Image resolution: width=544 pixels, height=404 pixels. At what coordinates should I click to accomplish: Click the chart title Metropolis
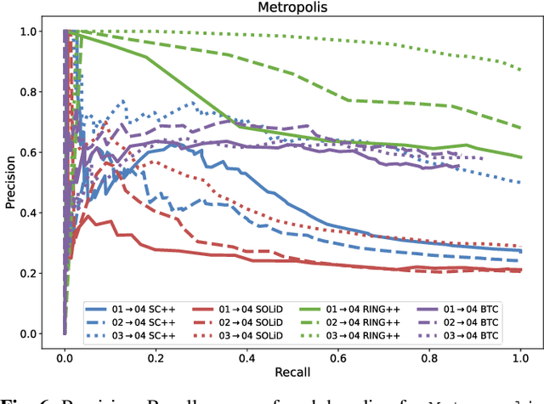click(x=292, y=9)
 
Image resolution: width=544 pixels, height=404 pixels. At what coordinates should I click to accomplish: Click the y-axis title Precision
click(x=10, y=182)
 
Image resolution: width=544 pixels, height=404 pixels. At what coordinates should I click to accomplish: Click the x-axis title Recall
click(x=292, y=373)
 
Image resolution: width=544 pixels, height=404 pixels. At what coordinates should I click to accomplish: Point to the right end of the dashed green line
click(x=520, y=128)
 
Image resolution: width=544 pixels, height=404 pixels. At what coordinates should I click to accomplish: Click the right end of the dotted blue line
click(x=520, y=182)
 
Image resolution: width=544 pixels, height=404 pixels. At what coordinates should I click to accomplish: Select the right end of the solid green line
click(x=520, y=156)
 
